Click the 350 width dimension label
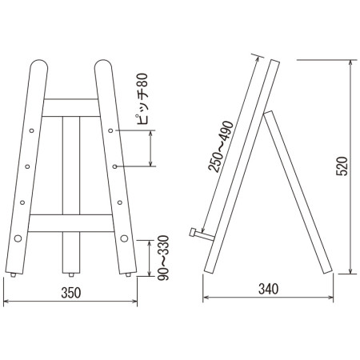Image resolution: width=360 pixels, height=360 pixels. pyautogui.click(x=71, y=293)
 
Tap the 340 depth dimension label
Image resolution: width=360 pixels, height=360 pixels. pyautogui.click(x=269, y=289)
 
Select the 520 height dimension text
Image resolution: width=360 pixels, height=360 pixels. pyautogui.click(x=342, y=166)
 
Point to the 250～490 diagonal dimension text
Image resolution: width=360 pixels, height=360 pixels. pyautogui.click(x=221, y=146)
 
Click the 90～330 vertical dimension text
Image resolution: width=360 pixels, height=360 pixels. pyautogui.click(x=163, y=258)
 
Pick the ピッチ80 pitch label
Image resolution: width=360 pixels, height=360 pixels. pyautogui.click(x=142, y=99)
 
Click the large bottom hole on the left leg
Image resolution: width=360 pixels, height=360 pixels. pyautogui.click(x=18, y=238)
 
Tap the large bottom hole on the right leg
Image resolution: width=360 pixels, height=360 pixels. pyautogui.click(x=124, y=238)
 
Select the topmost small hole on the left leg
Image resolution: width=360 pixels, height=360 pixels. pyautogui.click(x=32, y=130)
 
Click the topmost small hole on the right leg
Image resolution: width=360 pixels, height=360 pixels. pyautogui.click(x=110, y=130)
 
